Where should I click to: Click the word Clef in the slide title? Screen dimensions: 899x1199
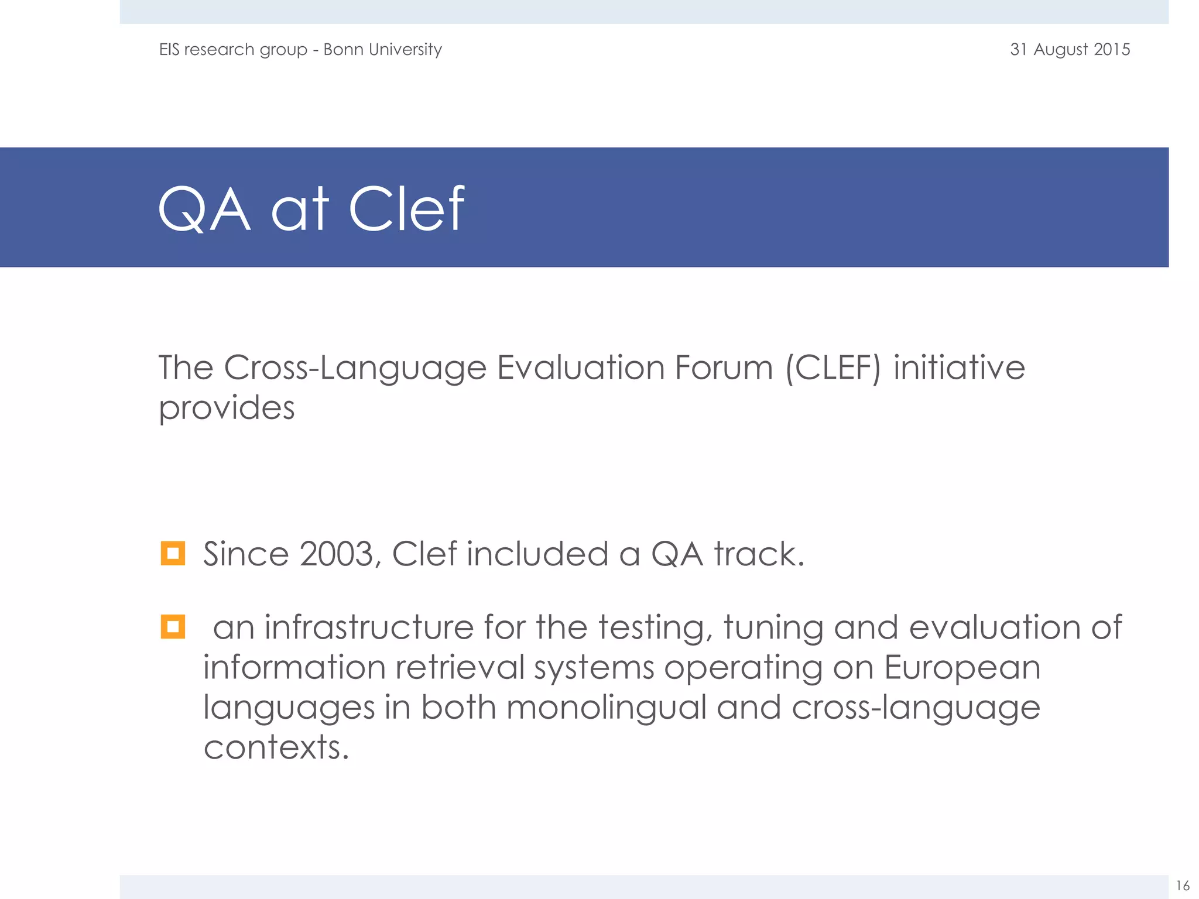tap(406, 209)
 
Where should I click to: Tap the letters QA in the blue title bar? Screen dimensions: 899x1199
tap(204, 210)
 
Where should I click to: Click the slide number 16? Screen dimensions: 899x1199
tap(1183, 885)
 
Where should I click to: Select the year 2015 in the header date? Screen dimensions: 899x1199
tap(1112, 49)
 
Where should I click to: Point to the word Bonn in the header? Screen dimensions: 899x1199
tap(342, 49)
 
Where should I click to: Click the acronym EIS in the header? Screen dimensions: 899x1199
tap(169, 49)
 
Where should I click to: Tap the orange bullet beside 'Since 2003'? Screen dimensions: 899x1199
tap(173, 553)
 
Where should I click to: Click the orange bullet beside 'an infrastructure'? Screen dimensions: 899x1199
tap(173, 626)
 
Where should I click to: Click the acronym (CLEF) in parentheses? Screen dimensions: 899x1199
tap(833, 368)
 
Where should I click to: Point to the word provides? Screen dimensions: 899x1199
tap(227, 409)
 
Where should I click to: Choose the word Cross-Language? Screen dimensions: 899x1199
tap(355, 369)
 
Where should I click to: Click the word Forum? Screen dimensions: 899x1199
tap(724, 368)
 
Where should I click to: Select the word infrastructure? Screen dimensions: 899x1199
tap(369, 627)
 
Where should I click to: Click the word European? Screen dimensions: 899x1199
tap(962, 668)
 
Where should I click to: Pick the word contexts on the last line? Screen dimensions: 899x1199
tap(276, 747)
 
